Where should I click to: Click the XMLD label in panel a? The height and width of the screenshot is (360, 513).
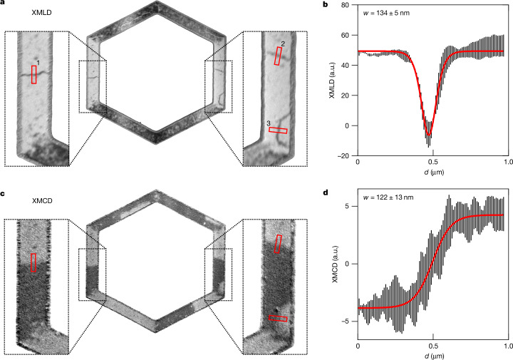click(41, 13)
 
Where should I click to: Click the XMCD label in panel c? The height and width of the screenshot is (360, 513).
click(42, 200)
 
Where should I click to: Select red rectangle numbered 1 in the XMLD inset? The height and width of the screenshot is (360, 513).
click(33, 75)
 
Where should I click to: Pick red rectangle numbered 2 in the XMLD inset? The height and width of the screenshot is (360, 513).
click(278, 56)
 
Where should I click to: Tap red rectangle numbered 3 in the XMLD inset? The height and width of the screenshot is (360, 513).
click(278, 130)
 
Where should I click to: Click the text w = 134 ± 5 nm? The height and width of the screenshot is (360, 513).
click(386, 14)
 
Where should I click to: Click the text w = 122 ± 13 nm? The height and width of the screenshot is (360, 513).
click(388, 197)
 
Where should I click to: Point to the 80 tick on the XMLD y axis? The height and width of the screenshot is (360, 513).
click(345, 5)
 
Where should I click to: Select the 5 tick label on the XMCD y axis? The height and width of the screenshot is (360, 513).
click(347, 206)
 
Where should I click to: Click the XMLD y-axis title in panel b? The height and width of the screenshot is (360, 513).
click(333, 80)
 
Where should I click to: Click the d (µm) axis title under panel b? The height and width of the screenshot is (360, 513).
click(434, 172)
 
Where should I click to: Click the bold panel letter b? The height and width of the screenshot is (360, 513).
click(326, 5)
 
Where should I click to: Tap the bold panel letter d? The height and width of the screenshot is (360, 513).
click(326, 192)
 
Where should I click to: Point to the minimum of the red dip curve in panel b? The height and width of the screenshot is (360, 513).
click(429, 135)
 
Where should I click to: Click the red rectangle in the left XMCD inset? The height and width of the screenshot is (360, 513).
click(33, 262)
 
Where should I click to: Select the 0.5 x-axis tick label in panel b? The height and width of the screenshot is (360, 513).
click(433, 162)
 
